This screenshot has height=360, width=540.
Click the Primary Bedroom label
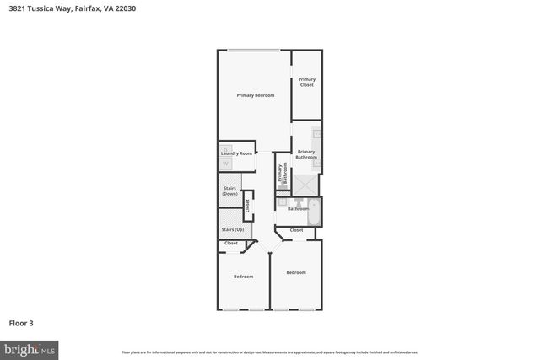[255, 95]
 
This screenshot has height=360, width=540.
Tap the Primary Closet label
[306, 82]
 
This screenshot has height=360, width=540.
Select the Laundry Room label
[237, 153]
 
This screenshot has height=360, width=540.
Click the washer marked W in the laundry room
[224, 163]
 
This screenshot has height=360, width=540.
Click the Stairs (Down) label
[229, 191]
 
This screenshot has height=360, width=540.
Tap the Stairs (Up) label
[233, 229]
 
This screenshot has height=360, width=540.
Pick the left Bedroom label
[244, 277]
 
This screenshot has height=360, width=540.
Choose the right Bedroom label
[295, 272]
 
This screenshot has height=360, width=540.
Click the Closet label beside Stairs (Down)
[247, 204]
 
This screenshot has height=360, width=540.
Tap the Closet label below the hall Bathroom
[297, 230]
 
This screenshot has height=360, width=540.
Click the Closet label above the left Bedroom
[231, 244]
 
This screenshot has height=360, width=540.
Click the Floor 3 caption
[22, 323]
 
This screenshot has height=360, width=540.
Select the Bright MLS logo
[30, 348]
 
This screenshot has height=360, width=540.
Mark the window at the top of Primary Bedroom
[254, 51]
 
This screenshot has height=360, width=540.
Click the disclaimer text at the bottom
[269, 352]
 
